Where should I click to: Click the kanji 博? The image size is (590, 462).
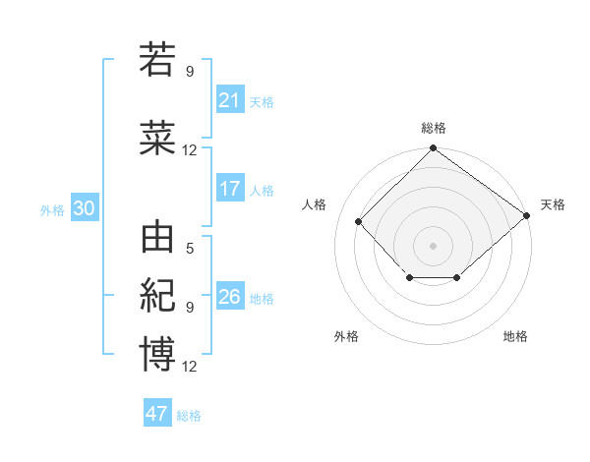pyautogui.click(x=157, y=354)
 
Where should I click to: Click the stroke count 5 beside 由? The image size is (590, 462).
pyautogui.click(x=190, y=249)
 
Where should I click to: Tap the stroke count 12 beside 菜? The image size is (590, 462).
pyautogui.click(x=190, y=150)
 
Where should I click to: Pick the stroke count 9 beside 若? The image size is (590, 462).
pyautogui.click(x=190, y=71)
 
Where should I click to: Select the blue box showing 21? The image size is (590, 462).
pyautogui.click(x=230, y=99)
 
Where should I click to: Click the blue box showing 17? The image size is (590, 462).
pyautogui.click(x=230, y=188)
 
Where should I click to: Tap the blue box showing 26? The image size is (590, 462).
pyautogui.click(x=230, y=297)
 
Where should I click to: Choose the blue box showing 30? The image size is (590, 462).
pyautogui.click(x=84, y=208)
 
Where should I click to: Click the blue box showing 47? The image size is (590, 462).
pyautogui.click(x=157, y=414)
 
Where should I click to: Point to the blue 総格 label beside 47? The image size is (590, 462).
pyautogui.click(x=189, y=416)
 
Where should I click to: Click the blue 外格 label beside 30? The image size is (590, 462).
pyautogui.click(x=52, y=209)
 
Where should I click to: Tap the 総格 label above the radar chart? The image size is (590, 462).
pyautogui.click(x=433, y=128)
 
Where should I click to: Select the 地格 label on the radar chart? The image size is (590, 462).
pyautogui.click(x=515, y=336)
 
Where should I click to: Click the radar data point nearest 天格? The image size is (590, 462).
pyautogui.click(x=527, y=215)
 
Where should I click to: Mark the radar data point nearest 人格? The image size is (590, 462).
pyautogui.click(x=359, y=221)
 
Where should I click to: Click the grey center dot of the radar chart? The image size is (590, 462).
pyautogui.click(x=433, y=245)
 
